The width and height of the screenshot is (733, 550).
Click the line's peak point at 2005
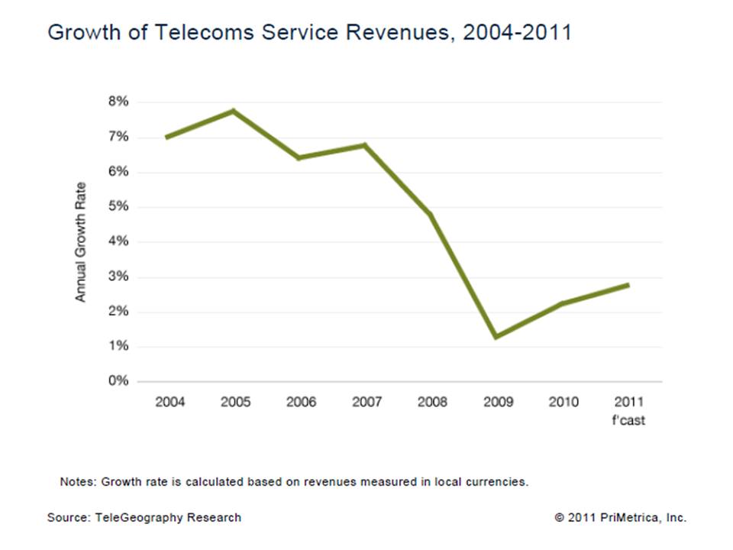point(234,112)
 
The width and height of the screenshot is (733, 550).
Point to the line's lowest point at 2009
point(496,336)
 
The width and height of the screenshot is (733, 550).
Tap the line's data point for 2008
point(431,215)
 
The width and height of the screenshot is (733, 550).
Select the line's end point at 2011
point(628,285)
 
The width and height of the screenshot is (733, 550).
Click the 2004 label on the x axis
point(170,402)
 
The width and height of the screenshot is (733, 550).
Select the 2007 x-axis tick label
point(366,402)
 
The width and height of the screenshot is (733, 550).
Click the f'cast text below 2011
point(628,420)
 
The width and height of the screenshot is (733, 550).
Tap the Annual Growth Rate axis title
point(81,241)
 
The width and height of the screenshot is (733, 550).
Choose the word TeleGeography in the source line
point(143,517)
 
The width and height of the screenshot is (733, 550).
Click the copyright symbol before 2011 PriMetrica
point(560,518)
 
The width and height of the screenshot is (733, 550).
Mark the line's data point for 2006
point(300,158)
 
